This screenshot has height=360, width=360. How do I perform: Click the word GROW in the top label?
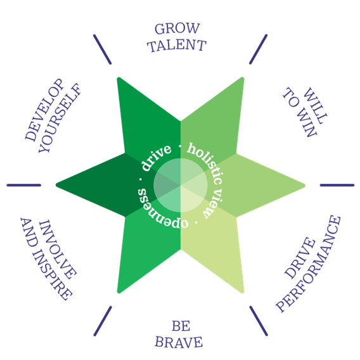tap(177, 29)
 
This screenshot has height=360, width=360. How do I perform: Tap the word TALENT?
tap(177, 45)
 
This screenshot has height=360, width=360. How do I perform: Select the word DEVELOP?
tap(44, 110)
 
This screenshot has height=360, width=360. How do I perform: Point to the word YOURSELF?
tap(60, 118)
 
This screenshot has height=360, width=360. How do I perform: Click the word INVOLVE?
tap(58, 249)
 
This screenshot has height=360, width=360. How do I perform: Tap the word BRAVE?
tap(179, 342)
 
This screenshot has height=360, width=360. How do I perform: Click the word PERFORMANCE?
tap(308, 264)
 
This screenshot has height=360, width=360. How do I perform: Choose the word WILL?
tap(315, 105)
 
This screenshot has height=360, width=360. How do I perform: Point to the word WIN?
tap(309, 125)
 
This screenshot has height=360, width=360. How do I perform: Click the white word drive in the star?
tap(156, 158)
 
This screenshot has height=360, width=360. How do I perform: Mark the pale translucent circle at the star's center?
tap(181, 185)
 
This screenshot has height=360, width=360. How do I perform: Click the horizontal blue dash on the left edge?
tap(24, 185)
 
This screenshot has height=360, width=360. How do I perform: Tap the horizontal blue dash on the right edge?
tap(337, 185)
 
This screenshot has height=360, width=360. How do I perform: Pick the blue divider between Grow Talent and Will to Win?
tap(259, 49)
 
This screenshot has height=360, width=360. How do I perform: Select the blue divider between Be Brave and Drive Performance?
tap(259, 321)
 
